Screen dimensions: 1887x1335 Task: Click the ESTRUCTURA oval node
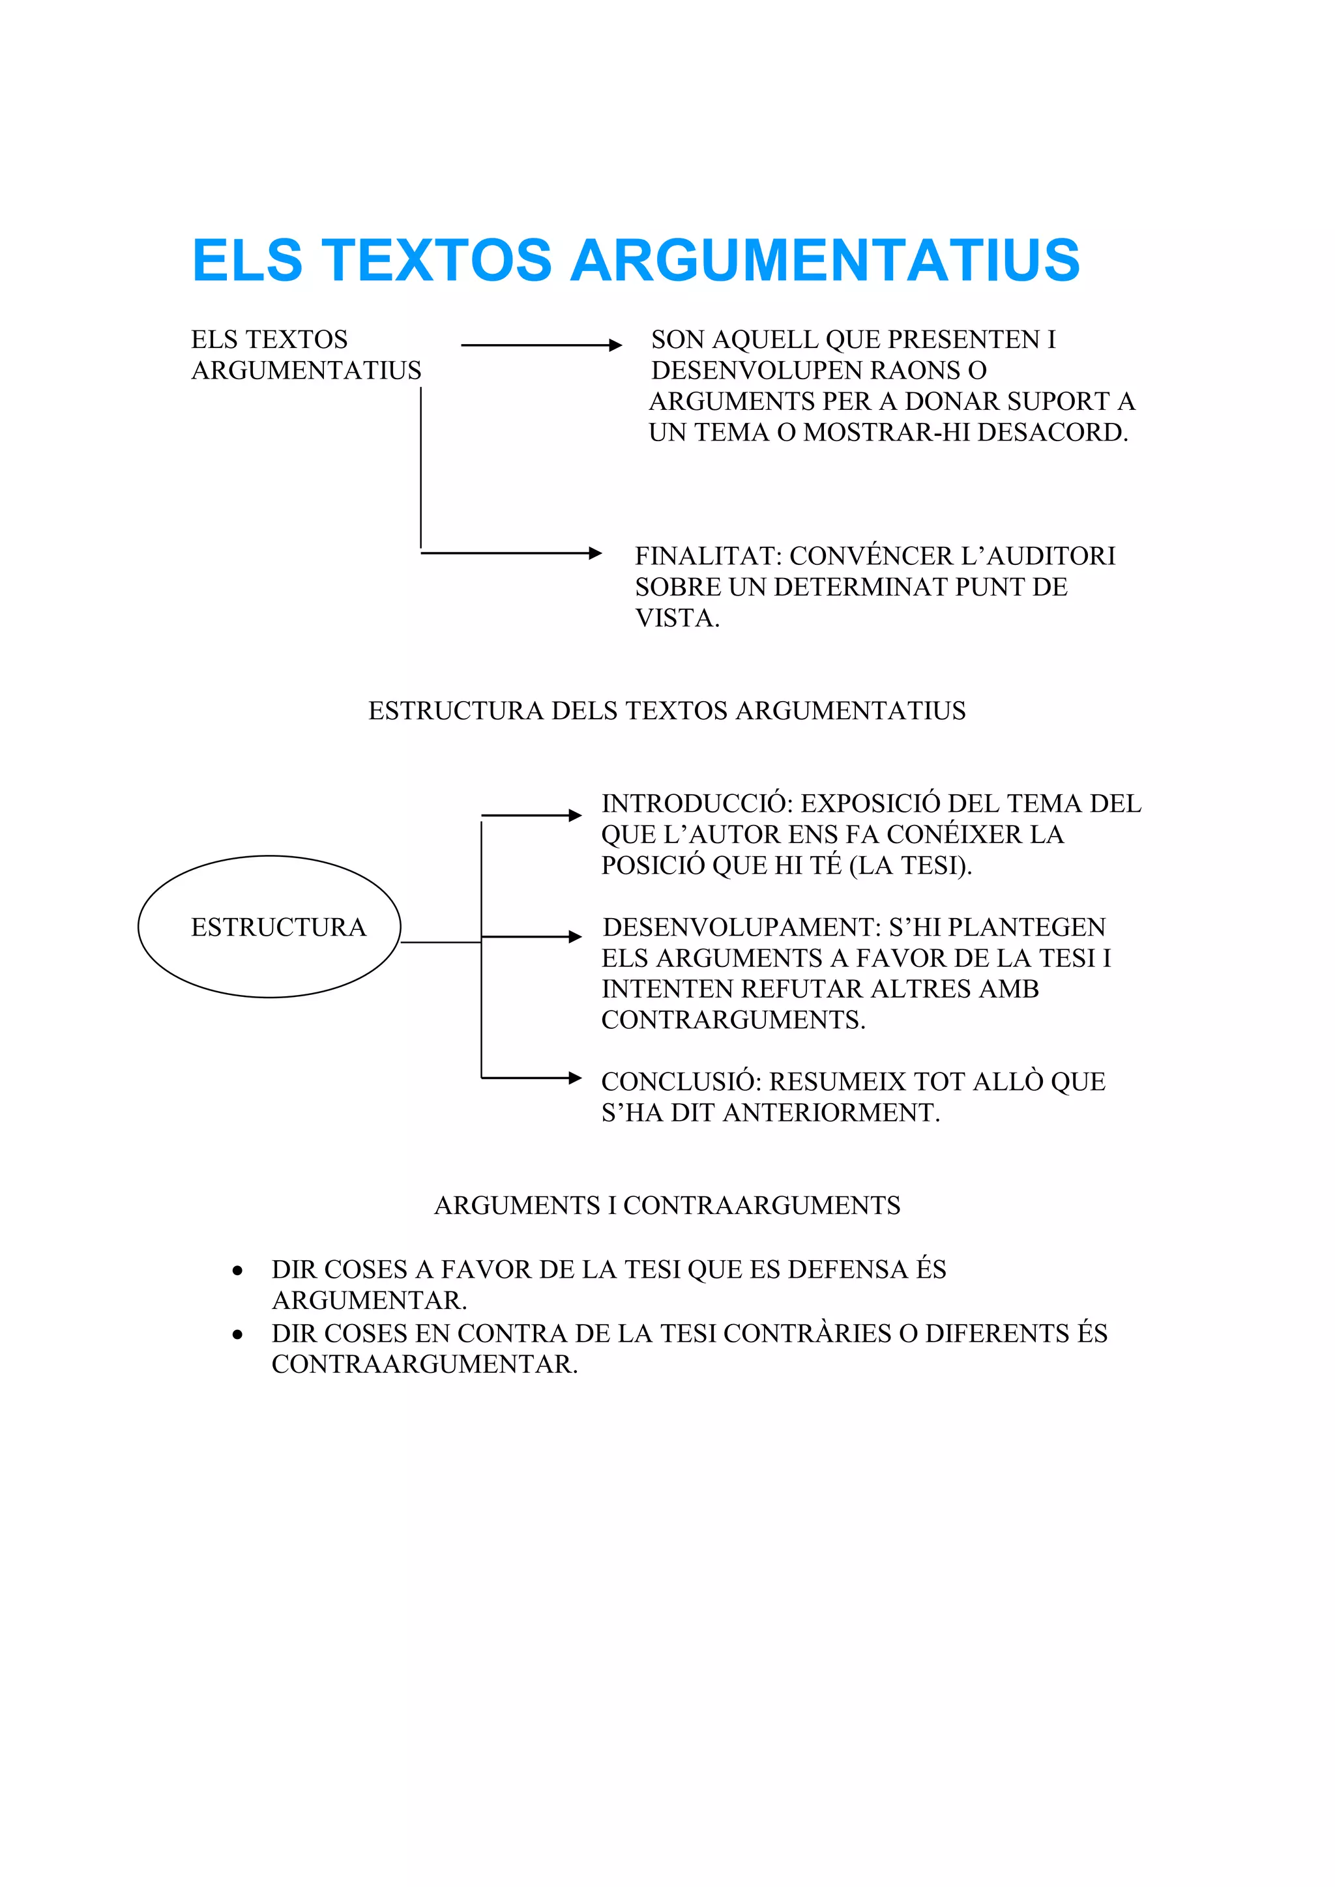pos(270,927)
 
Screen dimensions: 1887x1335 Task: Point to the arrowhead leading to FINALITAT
pos(595,553)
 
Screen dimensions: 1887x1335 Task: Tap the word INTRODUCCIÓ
pos(696,804)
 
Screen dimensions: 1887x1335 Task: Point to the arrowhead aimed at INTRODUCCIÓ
pos(576,815)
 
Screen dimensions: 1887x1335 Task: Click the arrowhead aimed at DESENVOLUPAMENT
pos(576,937)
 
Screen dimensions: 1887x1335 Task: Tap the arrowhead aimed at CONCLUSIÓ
pos(576,1078)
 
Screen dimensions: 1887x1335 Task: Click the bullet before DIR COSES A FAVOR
pos(237,1271)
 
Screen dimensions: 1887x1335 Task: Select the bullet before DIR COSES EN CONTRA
pos(237,1334)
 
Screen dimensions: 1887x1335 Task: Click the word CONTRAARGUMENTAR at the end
pos(424,1364)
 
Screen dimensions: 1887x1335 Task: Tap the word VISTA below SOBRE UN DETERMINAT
pos(677,618)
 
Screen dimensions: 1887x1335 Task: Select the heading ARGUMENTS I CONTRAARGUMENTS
pos(667,1205)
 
